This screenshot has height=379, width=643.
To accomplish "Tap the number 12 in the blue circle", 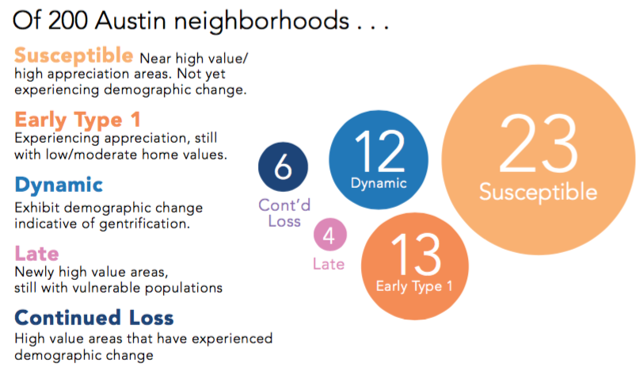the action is pyautogui.click(x=380, y=151).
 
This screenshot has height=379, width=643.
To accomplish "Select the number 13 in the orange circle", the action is pyautogui.click(x=416, y=254).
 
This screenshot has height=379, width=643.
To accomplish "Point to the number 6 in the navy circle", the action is pyautogui.click(x=283, y=167).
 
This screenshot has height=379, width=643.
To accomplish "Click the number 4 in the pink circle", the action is pyautogui.click(x=329, y=235).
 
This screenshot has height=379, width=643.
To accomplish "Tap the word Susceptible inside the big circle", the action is pyautogui.click(x=538, y=192).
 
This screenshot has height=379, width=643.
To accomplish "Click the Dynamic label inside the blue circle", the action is pyautogui.click(x=379, y=183).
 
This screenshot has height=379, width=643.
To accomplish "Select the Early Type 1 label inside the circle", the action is pyautogui.click(x=414, y=286).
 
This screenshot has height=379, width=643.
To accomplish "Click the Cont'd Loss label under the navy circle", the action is pyautogui.click(x=284, y=212).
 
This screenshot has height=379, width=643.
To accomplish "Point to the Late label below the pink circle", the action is pyautogui.click(x=329, y=264).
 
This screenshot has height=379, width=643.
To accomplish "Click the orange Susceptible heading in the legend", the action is pyautogui.click(x=74, y=56).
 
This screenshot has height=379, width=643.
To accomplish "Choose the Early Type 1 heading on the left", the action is pyautogui.click(x=78, y=120).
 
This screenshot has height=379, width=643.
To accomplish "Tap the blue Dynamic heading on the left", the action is pyautogui.click(x=59, y=186).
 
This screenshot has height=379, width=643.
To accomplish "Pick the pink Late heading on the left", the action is pyautogui.click(x=36, y=254).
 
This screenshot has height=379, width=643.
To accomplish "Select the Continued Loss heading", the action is pyautogui.click(x=94, y=318).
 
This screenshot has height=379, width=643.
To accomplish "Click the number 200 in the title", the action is pyautogui.click(x=67, y=21).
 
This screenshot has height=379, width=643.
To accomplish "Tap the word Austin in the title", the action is pyautogui.click(x=130, y=21).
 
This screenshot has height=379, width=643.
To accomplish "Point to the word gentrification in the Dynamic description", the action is pyautogui.click(x=144, y=224).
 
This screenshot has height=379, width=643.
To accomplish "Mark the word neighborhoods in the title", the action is pyautogui.click(x=261, y=21).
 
